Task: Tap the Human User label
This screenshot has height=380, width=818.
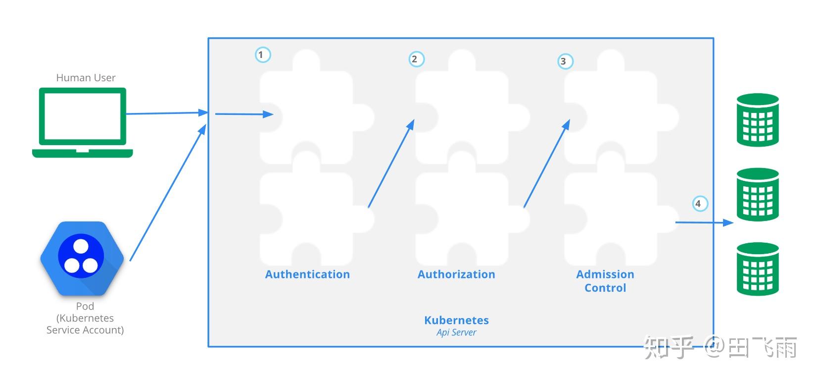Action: (86, 78)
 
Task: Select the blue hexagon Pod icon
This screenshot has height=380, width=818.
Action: (82, 258)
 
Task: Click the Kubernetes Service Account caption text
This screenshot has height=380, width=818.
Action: (85, 324)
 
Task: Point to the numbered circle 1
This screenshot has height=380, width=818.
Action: (262, 54)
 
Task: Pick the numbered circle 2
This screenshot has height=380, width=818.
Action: (416, 59)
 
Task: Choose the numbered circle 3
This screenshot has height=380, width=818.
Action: (564, 61)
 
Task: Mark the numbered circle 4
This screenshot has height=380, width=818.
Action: (699, 204)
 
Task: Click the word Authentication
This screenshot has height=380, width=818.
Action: (307, 274)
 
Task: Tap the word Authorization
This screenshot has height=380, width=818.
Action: (456, 274)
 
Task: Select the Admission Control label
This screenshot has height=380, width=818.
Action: (605, 281)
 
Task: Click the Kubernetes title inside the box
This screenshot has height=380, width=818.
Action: (456, 320)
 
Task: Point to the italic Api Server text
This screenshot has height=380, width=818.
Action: (456, 332)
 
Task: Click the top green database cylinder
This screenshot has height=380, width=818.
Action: (758, 120)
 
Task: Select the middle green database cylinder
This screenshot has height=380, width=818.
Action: (758, 194)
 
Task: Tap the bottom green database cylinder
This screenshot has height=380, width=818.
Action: (758, 269)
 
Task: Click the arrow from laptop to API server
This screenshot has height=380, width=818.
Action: (166, 113)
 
